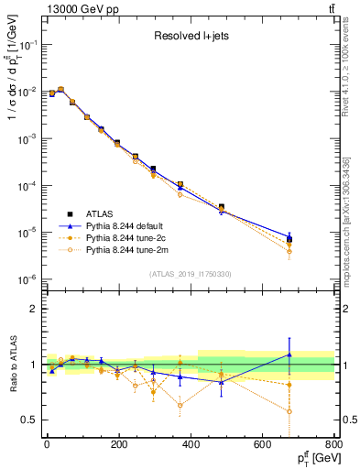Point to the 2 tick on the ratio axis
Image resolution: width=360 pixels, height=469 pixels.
coord(32,310)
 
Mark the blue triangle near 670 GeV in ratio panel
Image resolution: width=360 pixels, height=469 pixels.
coord(289,354)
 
